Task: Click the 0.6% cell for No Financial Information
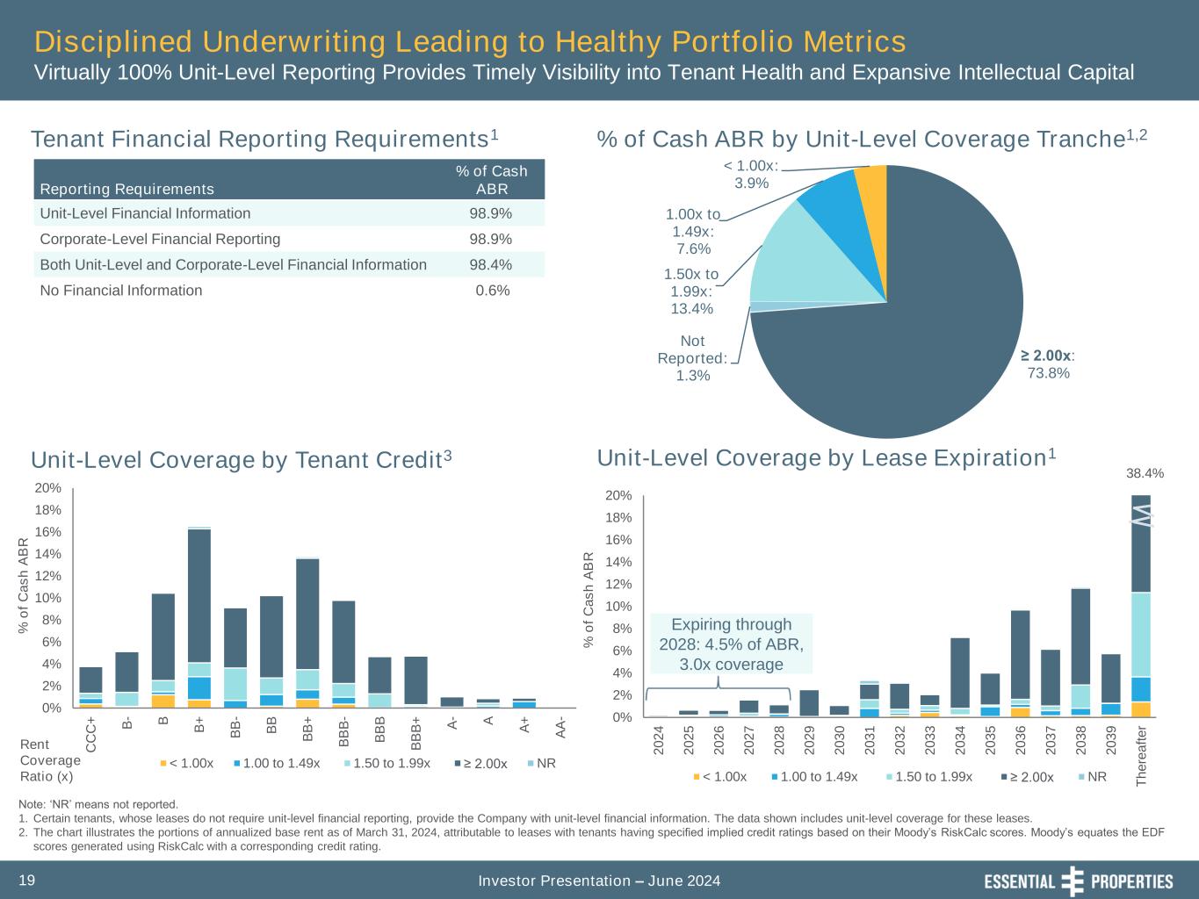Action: [492, 291]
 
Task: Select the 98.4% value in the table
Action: [492, 264]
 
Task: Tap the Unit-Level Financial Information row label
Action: [145, 213]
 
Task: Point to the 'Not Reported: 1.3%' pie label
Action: [692, 358]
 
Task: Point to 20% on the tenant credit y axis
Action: [49, 488]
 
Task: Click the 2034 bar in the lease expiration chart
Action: [960, 676]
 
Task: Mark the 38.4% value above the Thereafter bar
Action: [1145, 473]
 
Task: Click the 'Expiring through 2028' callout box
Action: [731, 644]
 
